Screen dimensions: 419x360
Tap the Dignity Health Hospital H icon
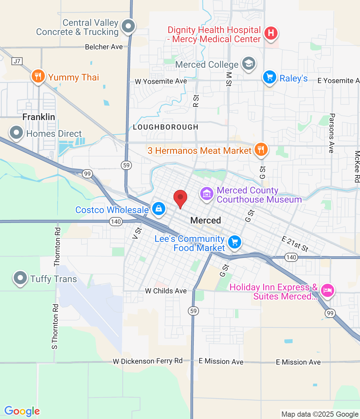pos(271,33)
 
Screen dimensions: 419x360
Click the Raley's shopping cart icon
pos(269,77)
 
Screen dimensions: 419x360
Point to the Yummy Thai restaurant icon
pos(38,76)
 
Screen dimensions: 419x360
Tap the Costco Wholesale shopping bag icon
pos(159,208)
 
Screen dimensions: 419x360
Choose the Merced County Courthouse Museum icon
pos(207,194)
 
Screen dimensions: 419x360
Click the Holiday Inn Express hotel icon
pos(327,290)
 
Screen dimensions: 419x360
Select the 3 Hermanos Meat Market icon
pos(261,150)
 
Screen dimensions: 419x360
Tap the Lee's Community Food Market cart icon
pos(234,242)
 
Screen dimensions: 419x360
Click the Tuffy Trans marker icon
pos(20,278)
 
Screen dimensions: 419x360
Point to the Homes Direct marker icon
pos(16,133)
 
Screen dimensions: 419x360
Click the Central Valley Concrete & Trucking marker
pos(128,26)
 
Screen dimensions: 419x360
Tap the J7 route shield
pos(17,61)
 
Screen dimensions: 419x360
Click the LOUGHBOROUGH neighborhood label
pos(166,127)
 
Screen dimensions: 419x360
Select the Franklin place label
pos(39,117)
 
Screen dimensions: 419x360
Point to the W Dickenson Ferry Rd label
pos(148,361)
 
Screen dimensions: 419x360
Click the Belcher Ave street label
pos(104,47)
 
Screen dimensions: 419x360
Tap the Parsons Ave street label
pos(332,133)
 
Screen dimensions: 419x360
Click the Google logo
pos(22,411)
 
